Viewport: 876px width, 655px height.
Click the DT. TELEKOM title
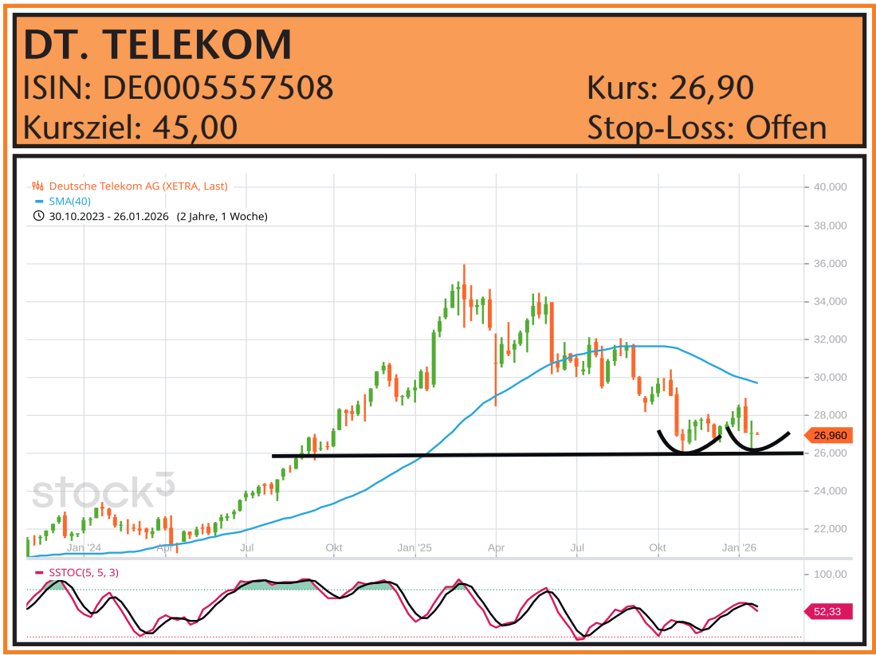pos(158,45)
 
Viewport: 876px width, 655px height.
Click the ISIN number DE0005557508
pos(218,88)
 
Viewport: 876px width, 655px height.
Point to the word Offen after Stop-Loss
pos(786,127)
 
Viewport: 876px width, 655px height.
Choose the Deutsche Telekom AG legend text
pos(138,186)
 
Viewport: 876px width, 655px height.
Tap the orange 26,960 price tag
pos(831,436)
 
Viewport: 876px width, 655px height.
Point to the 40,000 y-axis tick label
pos(830,187)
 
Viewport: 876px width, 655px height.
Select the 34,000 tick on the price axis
pos(830,301)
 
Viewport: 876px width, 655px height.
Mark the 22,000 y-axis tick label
pos(830,529)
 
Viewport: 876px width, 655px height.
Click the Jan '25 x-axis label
pos(414,547)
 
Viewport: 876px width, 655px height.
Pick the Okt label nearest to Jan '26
pos(658,547)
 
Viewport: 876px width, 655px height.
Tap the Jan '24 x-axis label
pos(84,547)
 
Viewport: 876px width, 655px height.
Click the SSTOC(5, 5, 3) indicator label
pos(84,572)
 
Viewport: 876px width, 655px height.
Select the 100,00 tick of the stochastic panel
pos(830,574)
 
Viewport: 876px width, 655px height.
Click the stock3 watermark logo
pos(103,492)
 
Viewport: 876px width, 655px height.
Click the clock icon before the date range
pos(38,216)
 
